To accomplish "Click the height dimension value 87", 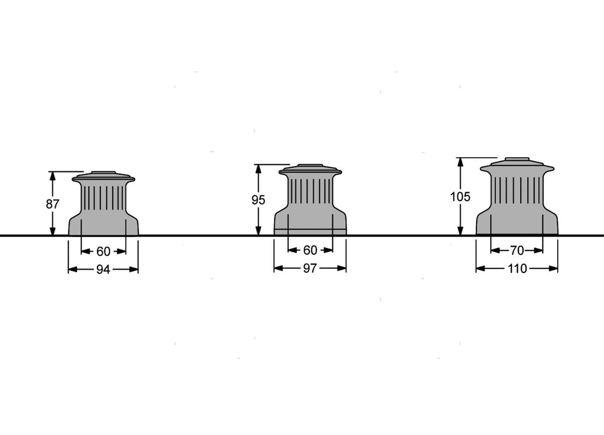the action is pyautogui.click(x=52, y=204).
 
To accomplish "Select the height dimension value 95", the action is pyautogui.click(x=258, y=200).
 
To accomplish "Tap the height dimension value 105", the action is pyautogui.click(x=460, y=197).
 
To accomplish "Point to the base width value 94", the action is pyautogui.click(x=103, y=270).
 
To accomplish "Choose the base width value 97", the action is pyautogui.click(x=310, y=268).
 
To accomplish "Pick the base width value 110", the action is pyautogui.click(x=517, y=268).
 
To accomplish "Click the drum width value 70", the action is pyautogui.click(x=517, y=251).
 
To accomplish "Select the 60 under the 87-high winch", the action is pyautogui.click(x=103, y=251).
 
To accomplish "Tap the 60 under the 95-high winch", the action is pyautogui.click(x=310, y=250).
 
